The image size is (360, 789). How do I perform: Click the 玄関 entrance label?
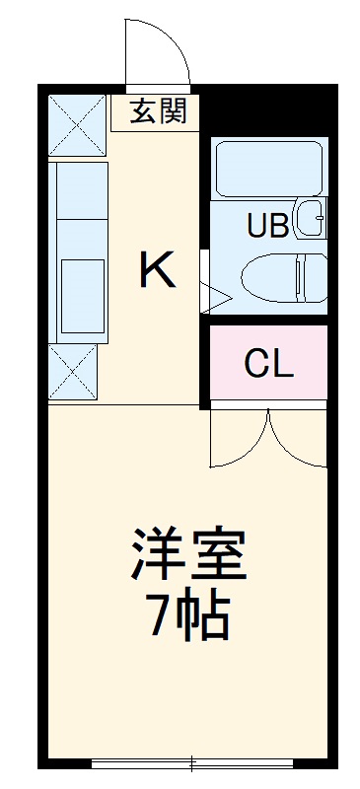pos(159,111)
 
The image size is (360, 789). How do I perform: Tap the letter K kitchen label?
pos(158,269)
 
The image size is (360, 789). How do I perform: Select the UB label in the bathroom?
pos(267,226)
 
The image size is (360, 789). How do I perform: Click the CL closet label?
pos(268,364)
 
